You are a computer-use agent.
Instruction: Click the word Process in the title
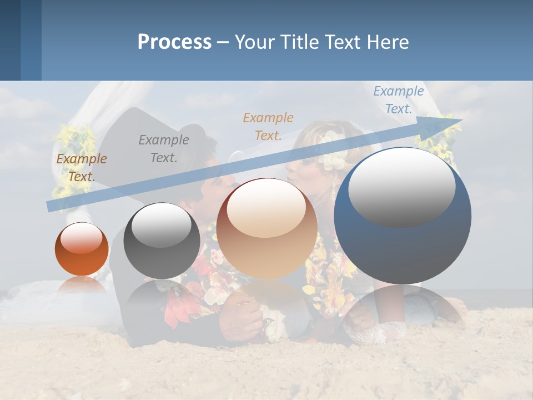coord(174,42)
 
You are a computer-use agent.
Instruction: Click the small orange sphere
coord(82,249)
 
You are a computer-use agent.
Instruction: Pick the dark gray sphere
coord(162,241)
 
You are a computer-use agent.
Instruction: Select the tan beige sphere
coord(266,229)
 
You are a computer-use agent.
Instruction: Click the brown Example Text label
coord(81,168)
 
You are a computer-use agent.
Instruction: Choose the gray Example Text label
coord(163,149)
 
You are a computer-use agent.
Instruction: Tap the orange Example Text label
coord(268,127)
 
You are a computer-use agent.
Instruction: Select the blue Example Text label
coord(398,100)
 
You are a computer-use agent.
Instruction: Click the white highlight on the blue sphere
coord(401,186)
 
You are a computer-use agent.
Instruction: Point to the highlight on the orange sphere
coord(82,238)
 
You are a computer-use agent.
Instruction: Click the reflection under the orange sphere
coord(82,284)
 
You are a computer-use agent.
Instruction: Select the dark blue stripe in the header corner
coord(10,40)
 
